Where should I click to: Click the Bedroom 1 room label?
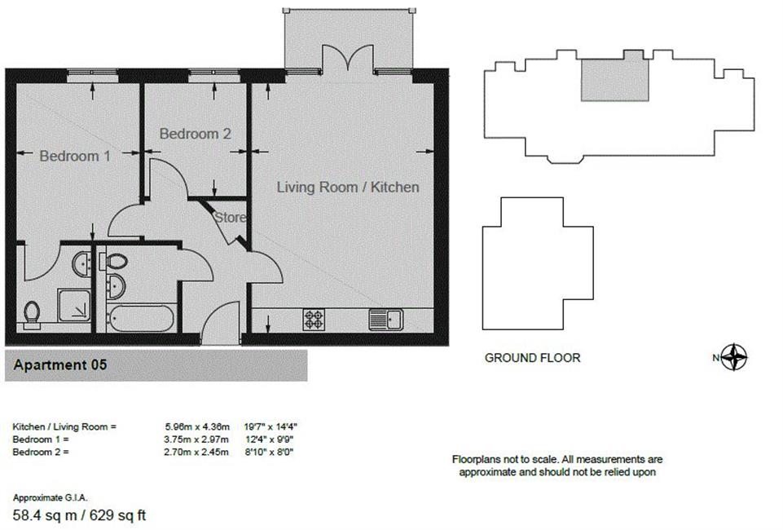[x=75, y=156]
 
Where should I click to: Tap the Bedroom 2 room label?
[x=196, y=134]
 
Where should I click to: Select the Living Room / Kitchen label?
[x=348, y=187]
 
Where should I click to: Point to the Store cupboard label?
[x=231, y=217]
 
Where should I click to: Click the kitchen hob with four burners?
[x=315, y=319]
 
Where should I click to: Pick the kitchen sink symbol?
[x=386, y=319]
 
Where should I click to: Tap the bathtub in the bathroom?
[x=140, y=318]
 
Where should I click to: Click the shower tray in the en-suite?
[x=74, y=305]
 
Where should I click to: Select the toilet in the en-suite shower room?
[x=32, y=315]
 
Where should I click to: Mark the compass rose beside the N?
[x=734, y=357]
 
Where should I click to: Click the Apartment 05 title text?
[x=60, y=364]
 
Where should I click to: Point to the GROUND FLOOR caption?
[x=532, y=358]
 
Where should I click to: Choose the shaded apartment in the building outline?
[x=614, y=79]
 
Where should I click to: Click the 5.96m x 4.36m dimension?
[x=197, y=426]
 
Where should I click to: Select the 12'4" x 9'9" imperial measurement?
[x=269, y=439]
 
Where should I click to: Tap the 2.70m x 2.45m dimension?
[x=196, y=452]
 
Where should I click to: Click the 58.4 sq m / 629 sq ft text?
[x=79, y=515]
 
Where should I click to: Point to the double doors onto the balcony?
[x=348, y=59]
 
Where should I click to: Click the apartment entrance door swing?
[x=220, y=322]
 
